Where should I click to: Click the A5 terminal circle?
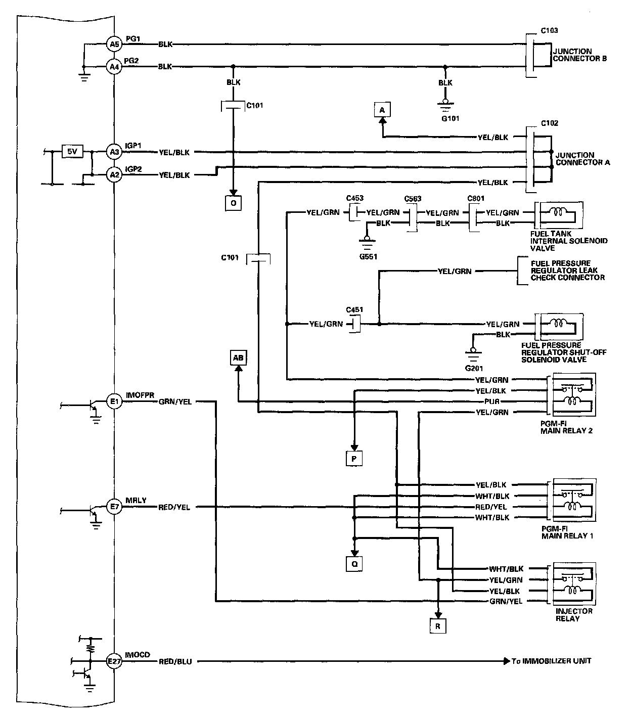(114, 44)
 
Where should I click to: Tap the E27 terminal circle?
(114, 661)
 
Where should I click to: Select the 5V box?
(72, 151)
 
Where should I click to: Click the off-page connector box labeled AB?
(238, 358)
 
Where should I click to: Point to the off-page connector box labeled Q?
(354, 563)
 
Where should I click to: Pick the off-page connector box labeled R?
(438, 626)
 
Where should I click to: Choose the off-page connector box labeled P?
(354, 458)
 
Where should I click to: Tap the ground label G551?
(369, 256)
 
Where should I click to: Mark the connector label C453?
(354, 198)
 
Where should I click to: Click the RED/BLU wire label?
(175, 661)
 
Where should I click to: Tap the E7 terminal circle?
(114, 507)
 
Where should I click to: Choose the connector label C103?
(549, 30)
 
